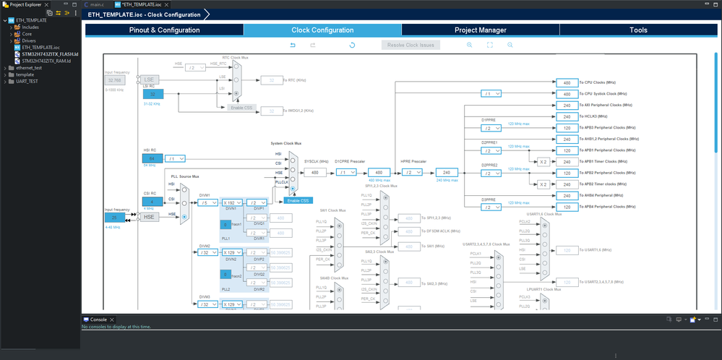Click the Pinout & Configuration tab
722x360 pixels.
coord(164,30)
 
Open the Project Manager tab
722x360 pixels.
coord(480,30)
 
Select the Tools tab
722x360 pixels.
coord(638,30)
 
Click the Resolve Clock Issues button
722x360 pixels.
coord(411,45)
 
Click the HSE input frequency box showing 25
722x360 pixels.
coord(114,217)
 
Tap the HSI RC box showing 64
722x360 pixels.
coord(152,158)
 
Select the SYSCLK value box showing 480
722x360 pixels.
coord(314,173)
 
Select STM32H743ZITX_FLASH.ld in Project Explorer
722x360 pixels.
coord(50,54)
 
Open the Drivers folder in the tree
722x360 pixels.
coord(29,40)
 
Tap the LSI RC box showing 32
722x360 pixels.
coord(152,94)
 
